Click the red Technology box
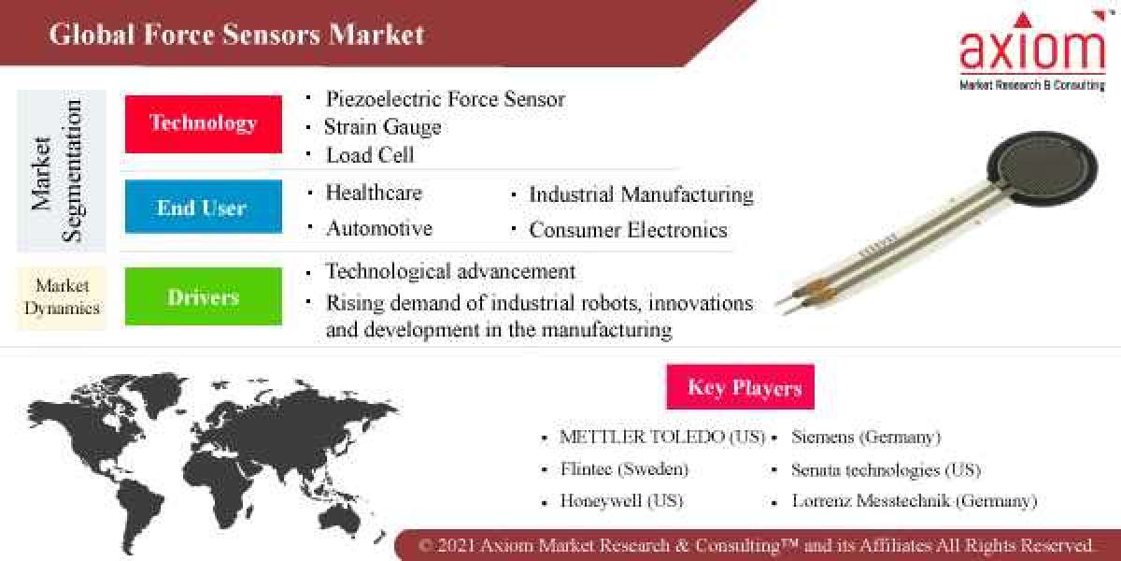[x=204, y=123]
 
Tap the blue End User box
[x=204, y=207]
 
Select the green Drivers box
[x=204, y=296]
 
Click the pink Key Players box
[x=740, y=387]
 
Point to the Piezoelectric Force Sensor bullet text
[x=445, y=98]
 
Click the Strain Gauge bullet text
[x=383, y=126]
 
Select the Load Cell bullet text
[x=370, y=154]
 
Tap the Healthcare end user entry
[x=374, y=194]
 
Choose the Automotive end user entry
[x=378, y=228]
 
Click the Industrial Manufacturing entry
[x=641, y=194]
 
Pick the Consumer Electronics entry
[x=628, y=229]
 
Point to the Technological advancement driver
[x=450, y=271]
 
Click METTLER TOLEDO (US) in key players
[x=661, y=437]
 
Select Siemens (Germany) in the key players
[x=866, y=437]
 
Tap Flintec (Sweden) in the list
[x=623, y=468]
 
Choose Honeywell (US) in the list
[x=621, y=500]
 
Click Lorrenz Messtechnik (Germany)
[x=914, y=500]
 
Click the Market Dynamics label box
[x=62, y=296]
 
